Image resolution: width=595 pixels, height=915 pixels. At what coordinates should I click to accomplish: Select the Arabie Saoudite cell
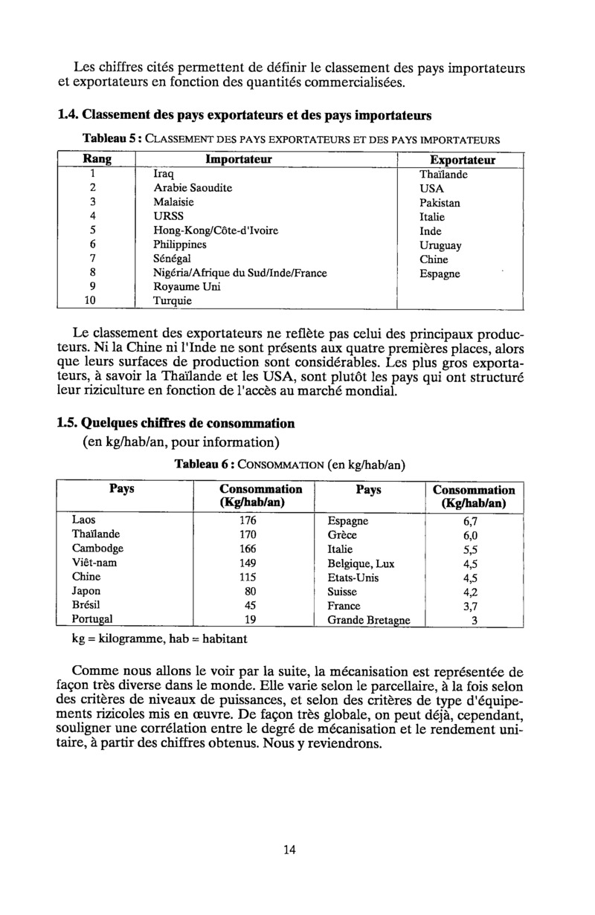coord(193,188)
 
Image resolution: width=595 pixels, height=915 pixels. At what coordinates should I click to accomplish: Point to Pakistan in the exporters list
coord(440,202)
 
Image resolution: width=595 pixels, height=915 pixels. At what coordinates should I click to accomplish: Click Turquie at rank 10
coord(172,301)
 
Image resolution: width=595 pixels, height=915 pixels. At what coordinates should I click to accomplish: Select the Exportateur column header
coord(463,160)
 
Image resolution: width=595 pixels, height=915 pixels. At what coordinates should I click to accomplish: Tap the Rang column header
coord(94,159)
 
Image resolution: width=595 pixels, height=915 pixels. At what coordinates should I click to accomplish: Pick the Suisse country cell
coord(342,592)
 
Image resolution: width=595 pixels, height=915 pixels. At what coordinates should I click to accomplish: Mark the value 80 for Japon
coord(251,592)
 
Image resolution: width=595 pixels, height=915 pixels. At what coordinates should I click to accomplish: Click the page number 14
coord(289,850)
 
